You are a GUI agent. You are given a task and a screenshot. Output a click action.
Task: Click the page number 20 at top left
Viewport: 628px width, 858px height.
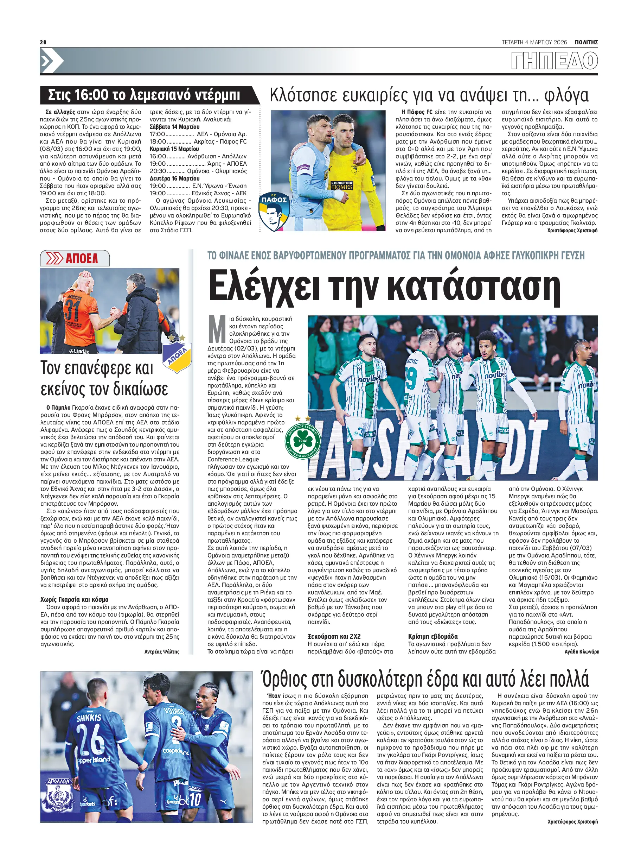tap(43, 42)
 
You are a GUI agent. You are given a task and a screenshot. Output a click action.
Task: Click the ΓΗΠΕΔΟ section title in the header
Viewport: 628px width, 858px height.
tap(554, 61)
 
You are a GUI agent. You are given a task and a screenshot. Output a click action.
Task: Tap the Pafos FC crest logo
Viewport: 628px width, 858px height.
tap(274, 212)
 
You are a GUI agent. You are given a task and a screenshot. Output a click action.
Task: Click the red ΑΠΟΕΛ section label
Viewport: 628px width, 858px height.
tap(81, 258)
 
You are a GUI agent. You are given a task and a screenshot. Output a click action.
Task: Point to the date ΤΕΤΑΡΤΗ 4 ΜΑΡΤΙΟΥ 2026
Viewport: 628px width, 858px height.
tap(534, 42)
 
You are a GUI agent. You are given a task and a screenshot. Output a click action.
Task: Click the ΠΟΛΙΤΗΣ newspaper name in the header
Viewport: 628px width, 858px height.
tap(586, 42)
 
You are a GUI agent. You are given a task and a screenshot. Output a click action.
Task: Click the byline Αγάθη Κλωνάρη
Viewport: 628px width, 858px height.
tap(582, 651)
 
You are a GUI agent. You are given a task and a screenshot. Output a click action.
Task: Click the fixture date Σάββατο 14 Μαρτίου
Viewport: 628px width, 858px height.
tap(174, 127)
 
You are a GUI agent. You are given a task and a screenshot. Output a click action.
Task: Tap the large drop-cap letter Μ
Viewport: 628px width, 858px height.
tap(217, 329)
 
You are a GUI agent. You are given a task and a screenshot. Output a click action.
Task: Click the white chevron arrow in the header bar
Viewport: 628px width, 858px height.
tap(47, 61)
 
